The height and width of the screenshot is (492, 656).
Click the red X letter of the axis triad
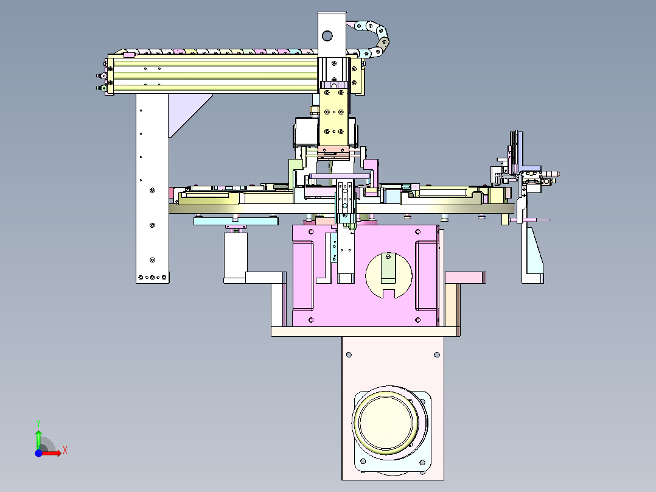(x=65, y=451)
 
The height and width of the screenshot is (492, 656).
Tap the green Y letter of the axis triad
(x=38, y=423)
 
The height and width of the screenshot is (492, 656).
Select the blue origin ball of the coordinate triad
(x=38, y=453)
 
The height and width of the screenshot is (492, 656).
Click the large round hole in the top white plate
(x=327, y=36)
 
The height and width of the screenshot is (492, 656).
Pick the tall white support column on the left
(x=152, y=188)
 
